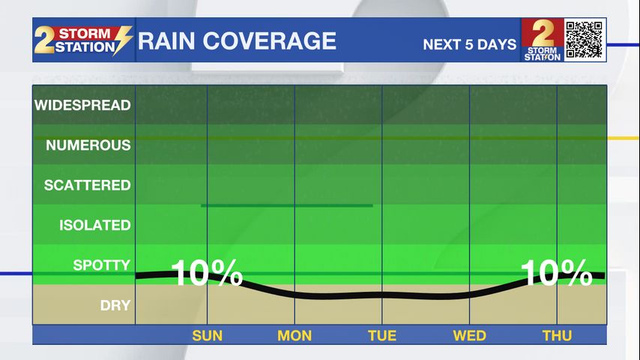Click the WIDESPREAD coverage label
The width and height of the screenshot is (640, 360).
82,105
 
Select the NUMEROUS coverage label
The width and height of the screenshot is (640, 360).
88,145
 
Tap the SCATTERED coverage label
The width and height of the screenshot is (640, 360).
87,185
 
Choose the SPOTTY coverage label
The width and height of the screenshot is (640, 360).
101,265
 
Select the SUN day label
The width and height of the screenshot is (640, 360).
208,335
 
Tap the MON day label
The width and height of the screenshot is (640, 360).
295,335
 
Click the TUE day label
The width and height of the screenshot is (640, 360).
382,335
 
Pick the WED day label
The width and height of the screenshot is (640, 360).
469,335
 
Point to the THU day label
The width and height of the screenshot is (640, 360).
557,335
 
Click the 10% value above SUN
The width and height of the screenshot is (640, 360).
207,273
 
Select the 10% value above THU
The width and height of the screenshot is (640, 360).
556,273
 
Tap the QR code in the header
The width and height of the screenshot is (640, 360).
584,40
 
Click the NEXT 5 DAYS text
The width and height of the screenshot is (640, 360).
469,44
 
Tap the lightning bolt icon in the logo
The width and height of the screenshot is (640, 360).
123,40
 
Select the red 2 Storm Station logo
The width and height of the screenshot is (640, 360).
541,40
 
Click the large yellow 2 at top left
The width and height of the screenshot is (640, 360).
45,41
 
